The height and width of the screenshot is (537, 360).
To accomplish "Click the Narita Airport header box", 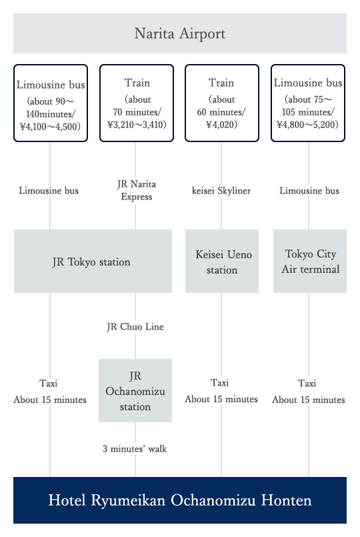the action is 180,33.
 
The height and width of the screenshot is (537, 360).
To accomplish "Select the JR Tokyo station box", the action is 93,261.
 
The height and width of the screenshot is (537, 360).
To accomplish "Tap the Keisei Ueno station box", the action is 222,261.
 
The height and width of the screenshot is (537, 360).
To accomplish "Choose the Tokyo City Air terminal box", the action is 310,261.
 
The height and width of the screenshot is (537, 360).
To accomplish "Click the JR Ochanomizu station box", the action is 135,390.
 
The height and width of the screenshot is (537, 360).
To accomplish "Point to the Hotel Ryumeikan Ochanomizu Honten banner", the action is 180,500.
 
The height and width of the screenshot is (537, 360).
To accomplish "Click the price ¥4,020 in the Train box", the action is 222,124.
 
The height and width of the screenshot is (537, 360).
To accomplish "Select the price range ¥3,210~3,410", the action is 137,124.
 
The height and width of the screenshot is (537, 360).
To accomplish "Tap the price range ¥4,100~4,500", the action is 51,127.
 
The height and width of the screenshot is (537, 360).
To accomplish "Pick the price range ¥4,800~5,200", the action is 307,124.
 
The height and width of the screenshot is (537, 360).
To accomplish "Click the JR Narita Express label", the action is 137,190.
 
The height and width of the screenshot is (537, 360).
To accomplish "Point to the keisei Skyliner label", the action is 221,191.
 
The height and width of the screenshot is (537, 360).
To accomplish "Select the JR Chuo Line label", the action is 135,327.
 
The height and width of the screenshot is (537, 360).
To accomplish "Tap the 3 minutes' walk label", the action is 135,449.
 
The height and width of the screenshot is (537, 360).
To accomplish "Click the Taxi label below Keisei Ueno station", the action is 220,382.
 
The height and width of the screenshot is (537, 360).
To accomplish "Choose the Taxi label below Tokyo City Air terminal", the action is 307,383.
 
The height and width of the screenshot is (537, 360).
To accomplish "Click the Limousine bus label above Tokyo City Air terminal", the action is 309,191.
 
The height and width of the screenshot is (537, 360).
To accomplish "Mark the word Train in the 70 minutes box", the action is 137,83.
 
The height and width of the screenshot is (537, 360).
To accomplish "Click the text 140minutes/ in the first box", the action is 51,114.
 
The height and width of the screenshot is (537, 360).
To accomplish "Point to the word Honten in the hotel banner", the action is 287,500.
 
